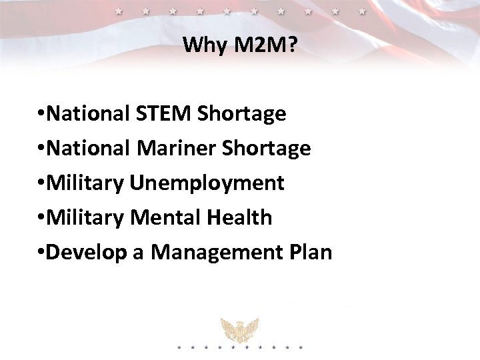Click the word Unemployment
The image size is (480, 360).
(207, 183)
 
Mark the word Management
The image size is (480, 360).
(209, 253)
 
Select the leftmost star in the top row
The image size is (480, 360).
(119, 11)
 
